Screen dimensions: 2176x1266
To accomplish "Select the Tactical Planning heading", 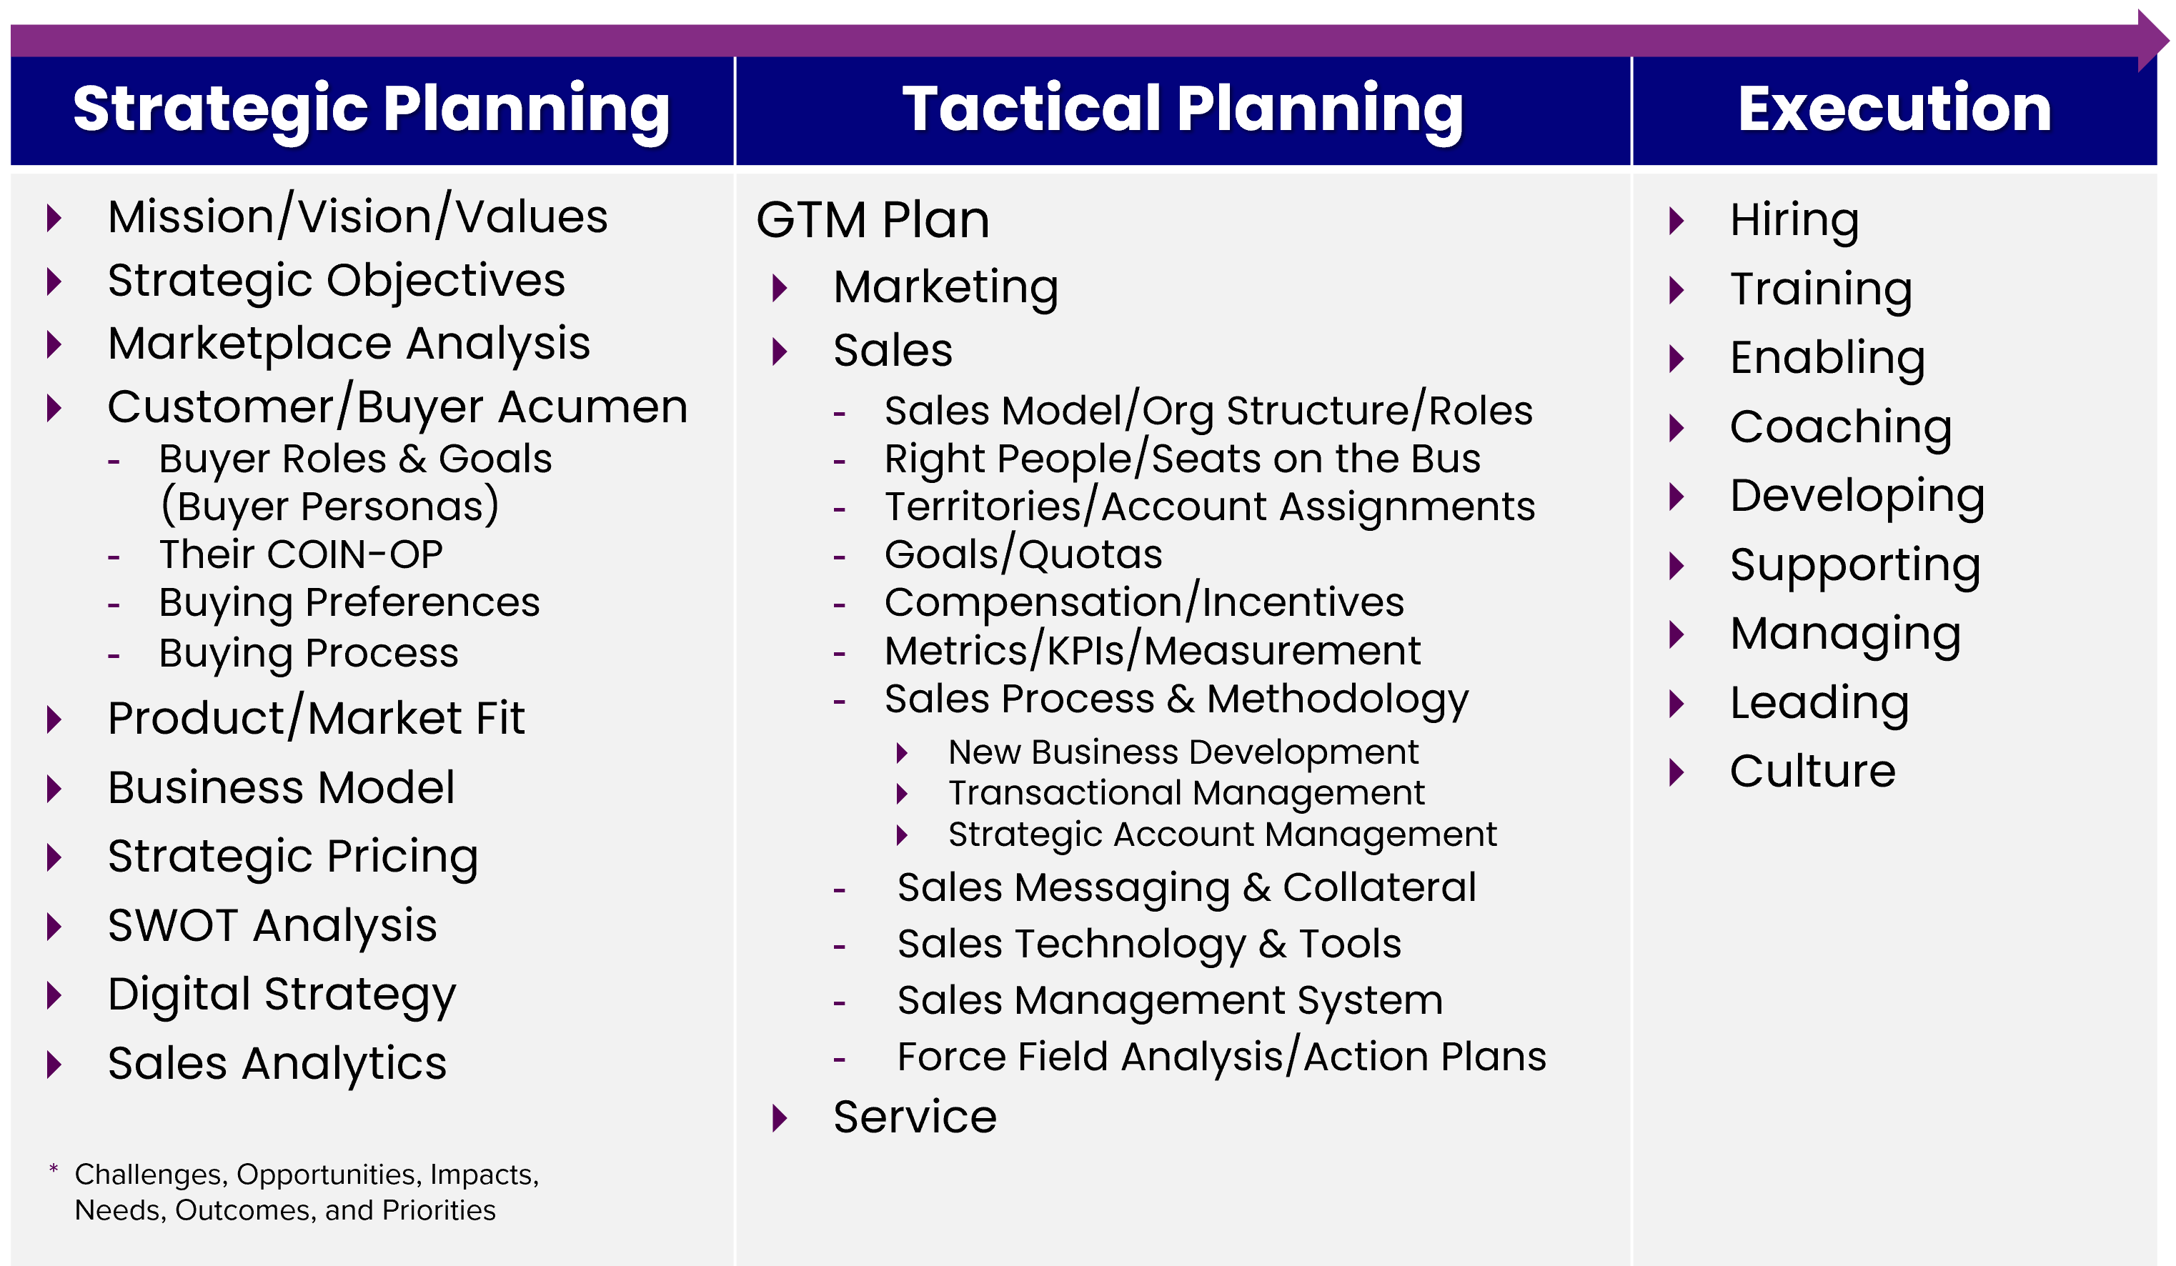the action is (x=1183, y=109).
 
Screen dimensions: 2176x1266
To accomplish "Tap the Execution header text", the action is (x=1894, y=108).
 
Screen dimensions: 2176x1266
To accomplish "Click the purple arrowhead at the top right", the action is (x=2152, y=41).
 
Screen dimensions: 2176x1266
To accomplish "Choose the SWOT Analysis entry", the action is (x=272, y=926).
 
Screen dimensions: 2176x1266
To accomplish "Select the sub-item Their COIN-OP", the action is (x=300, y=554).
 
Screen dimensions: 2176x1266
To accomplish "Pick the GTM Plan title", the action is (x=872, y=219).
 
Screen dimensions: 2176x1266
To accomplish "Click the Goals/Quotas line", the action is (x=1023, y=554).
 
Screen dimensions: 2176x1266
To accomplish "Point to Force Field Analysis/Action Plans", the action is (x=1222, y=1056).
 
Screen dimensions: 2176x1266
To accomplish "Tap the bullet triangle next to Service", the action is (x=780, y=1118).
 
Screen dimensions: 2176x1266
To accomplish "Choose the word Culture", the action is (x=1812, y=771).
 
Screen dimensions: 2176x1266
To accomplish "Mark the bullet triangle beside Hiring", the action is (x=1677, y=221).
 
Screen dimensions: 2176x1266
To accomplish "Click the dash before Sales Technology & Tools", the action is (x=839, y=947).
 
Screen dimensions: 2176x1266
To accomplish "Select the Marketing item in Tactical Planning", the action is (x=945, y=288).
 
